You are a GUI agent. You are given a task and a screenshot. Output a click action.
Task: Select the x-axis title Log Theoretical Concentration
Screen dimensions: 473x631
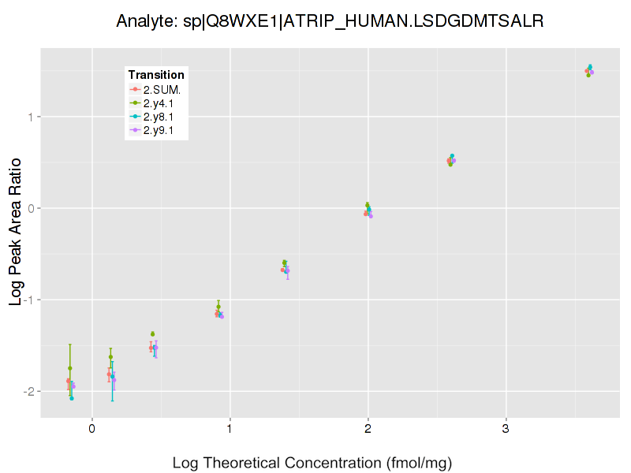coord(312,463)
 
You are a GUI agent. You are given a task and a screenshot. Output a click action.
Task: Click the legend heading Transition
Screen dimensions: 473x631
coord(156,75)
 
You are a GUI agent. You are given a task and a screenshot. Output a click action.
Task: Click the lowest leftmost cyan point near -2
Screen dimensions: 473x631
coord(72,398)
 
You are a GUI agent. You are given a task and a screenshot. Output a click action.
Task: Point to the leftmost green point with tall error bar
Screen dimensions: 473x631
coord(70,368)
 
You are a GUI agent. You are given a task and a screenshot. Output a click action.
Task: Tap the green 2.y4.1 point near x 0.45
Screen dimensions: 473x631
coord(153,333)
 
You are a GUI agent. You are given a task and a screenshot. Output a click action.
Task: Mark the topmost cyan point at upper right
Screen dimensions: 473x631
coord(590,67)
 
